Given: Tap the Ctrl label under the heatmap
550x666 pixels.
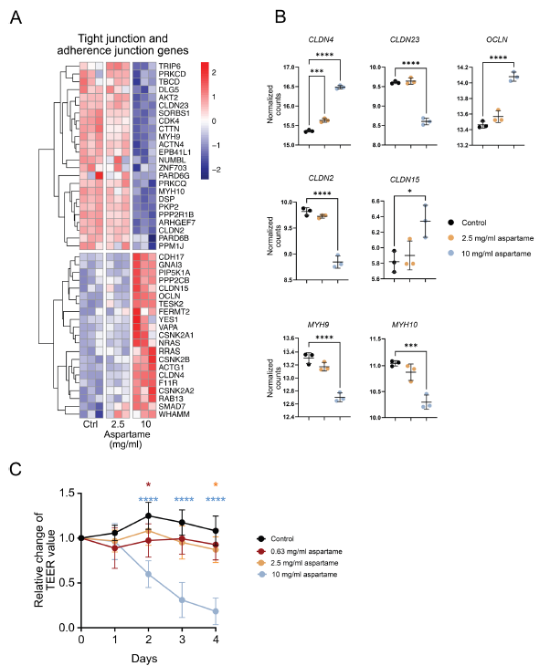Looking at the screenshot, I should (90, 426).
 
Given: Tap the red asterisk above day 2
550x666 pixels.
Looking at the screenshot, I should (148, 485).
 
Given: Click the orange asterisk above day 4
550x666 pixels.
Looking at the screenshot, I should (216, 485).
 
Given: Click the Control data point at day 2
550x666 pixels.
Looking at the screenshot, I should (148, 515).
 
